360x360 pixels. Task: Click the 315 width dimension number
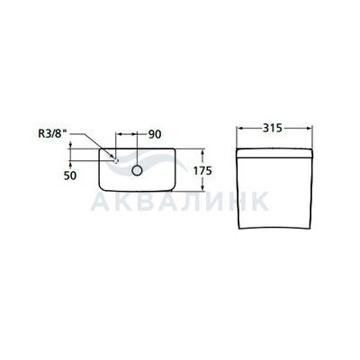click(273, 128)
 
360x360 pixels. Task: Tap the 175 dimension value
click(202, 171)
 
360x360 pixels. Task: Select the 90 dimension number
click(155, 134)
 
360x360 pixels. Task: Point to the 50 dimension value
click(70, 175)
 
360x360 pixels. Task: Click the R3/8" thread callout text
click(51, 133)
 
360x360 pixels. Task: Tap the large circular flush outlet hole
click(137, 170)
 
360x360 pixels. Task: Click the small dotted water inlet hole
click(116, 161)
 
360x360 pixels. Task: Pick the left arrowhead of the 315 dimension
click(239, 128)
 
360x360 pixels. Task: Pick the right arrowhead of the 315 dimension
click(310, 128)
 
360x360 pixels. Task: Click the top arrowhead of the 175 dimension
click(202, 152)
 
